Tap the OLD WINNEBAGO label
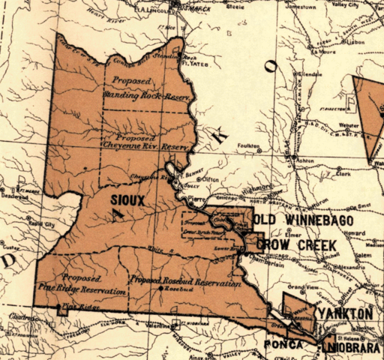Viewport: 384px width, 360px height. [x=301, y=220]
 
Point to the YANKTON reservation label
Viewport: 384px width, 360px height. [x=345, y=312]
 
